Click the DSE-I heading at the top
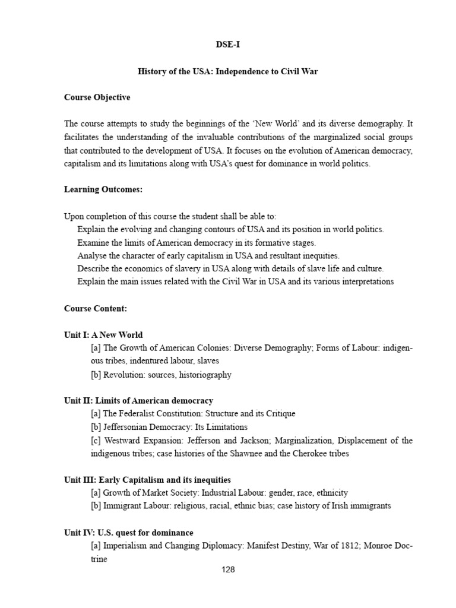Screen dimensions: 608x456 click(227, 44)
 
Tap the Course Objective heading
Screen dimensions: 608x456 click(97, 97)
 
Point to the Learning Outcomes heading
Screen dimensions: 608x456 click(103, 189)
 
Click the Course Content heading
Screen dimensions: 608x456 click(95, 309)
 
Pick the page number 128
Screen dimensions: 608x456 click(228, 569)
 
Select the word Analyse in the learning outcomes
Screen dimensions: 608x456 click(92, 255)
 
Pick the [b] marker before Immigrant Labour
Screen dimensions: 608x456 click(96, 506)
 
